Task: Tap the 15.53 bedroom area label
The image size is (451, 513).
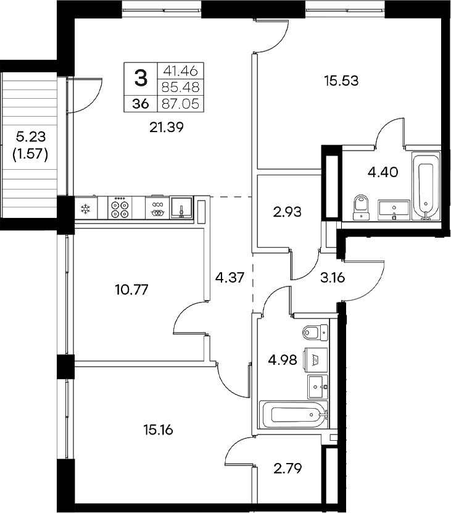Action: [x=341, y=79]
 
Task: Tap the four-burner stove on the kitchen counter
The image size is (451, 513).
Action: [x=118, y=207]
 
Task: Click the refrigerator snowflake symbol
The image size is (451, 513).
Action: [x=85, y=207]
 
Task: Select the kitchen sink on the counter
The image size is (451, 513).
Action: [x=181, y=207]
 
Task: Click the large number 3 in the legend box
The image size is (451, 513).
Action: [x=141, y=78]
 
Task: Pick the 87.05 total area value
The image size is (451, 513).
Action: [x=182, y=104]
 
